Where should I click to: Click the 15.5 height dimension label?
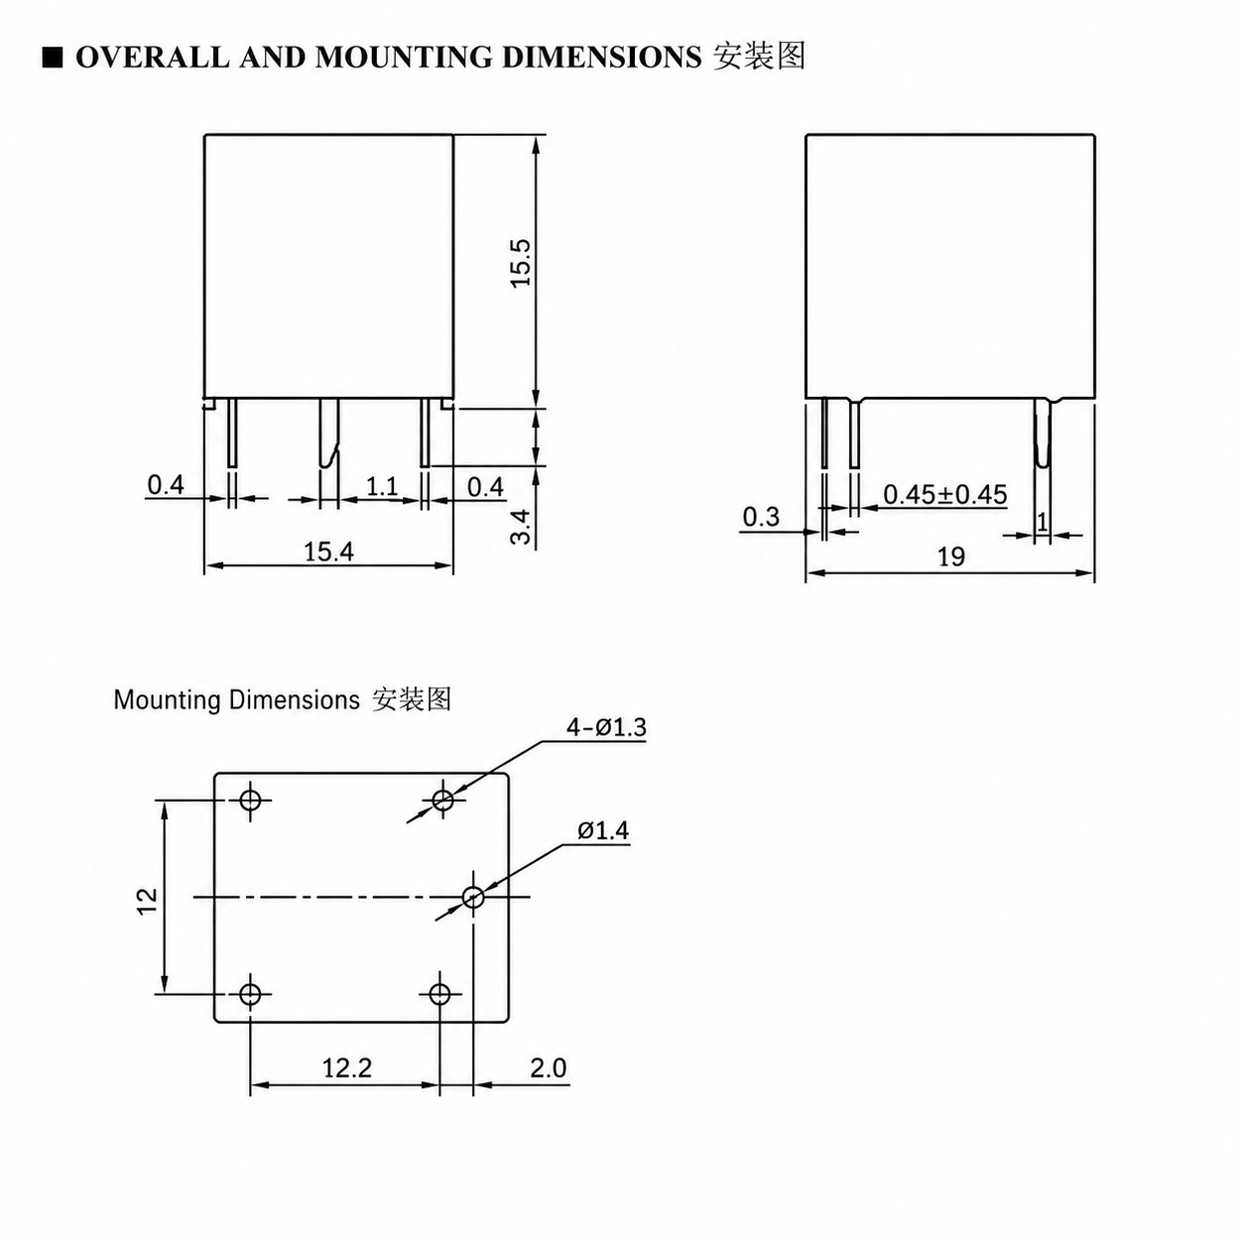click(x=521, y=264)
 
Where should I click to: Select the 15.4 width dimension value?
click(x=329, y=552)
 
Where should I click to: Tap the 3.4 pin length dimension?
click(x=521, y=527)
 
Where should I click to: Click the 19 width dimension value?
click(x=951, y=557)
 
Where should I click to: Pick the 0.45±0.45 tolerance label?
click(x=945, y=494)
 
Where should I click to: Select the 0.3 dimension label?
click(x=761, y=517)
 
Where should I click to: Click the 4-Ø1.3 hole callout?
click(x=606, y=727)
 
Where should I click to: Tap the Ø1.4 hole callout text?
click(x=603, y=830)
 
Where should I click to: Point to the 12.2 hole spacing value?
click(x=347, y=1068)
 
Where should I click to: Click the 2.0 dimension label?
click(x=548, y=1068)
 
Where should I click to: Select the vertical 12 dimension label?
click(x=148, y=901)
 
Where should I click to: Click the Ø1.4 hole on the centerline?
click(x=473, y=897)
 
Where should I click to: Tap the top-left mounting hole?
click(x=250, y=801)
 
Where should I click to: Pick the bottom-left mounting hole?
click(x=250, y=994)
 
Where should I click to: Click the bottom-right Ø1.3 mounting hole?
click(x=440, y=994)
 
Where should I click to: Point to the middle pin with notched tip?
click(x=328, y=434)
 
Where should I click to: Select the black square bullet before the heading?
click(x=53, y=59)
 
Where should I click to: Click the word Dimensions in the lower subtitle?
click(x=295, y=700)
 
